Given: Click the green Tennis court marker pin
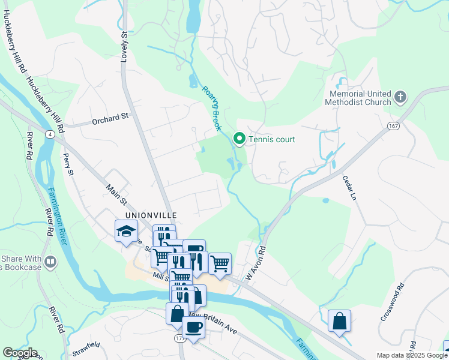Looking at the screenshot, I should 239,139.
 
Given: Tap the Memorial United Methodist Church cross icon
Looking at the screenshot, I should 400,97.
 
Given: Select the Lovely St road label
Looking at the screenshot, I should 125,47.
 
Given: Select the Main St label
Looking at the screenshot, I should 118,196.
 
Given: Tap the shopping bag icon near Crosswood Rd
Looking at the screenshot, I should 339,320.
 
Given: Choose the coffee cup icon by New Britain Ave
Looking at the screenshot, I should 193,327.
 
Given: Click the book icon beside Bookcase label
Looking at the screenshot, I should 50,261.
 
